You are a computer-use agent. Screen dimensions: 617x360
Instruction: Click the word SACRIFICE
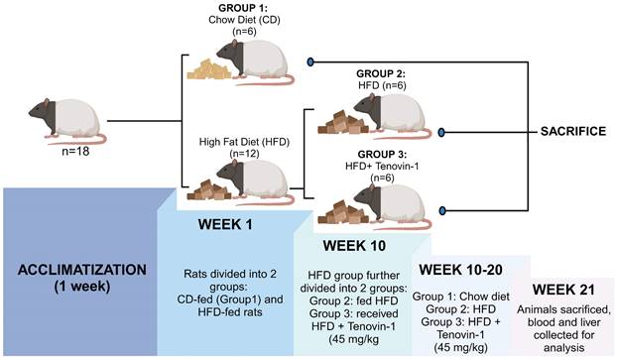(x=573, y=131)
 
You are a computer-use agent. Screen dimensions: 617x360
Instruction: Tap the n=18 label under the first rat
(x=75, y=151)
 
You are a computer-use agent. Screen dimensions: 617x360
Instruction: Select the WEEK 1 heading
(x=225, y=224)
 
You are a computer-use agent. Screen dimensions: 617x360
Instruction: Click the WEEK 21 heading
(x=563, y=290)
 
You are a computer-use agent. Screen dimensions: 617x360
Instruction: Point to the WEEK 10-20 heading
(x=460, y=270)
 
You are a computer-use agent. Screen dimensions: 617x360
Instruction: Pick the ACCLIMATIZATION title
(x=82, y=270)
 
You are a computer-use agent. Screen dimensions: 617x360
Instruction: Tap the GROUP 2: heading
(x=381, y=73)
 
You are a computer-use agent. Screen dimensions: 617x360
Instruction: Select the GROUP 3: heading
(x=382, y=155)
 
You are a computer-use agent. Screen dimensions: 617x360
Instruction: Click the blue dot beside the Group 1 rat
(x=310, y=61)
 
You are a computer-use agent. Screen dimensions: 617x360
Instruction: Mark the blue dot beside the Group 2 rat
(x=441, y=132)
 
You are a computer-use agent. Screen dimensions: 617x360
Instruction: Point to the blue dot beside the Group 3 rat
(x=442, y=211)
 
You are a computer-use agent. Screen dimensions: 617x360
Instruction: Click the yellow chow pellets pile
(x=208, y=69)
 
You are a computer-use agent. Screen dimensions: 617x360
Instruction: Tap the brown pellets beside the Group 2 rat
(x=342, y=122)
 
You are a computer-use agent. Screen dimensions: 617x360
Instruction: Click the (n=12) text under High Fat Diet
(x=244, y=154)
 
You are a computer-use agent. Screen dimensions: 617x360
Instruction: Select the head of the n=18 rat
(x=42, y=112)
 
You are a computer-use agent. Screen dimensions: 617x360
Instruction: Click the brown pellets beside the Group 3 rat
(x=342, y=212)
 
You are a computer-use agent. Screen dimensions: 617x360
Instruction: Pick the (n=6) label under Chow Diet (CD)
(x=244, y=31)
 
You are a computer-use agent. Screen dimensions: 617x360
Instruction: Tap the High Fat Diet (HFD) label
(x=244, y=142)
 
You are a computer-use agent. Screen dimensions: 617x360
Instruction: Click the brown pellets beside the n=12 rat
(x=208, y=189)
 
